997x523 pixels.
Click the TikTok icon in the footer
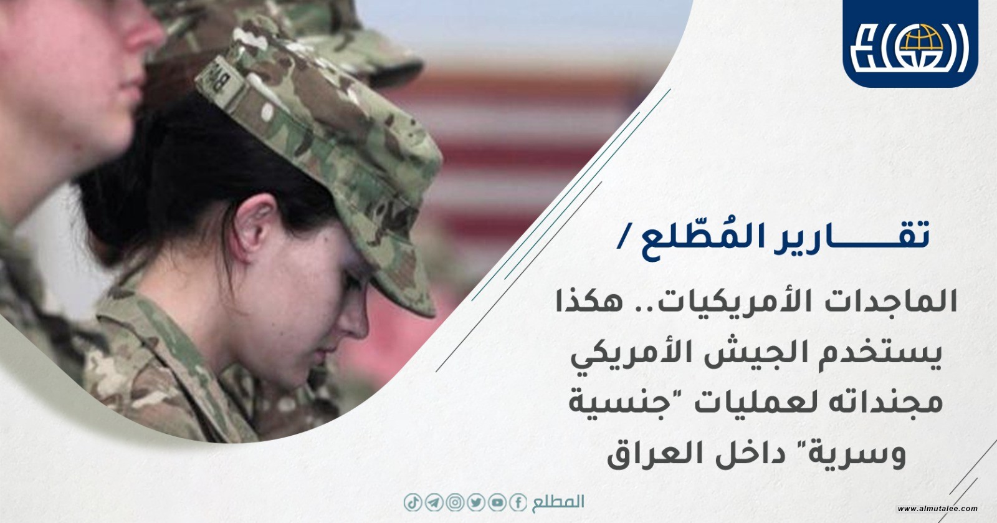[413, 502]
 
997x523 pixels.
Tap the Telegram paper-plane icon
[434, 502]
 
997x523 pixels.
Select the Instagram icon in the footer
[455, 502]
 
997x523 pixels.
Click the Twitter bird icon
[476, 502]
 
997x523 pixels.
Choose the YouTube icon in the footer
[497, 502]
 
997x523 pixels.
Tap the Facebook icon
[518, 502]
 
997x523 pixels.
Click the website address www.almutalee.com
[937, 509]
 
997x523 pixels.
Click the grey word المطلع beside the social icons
[558, 502]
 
